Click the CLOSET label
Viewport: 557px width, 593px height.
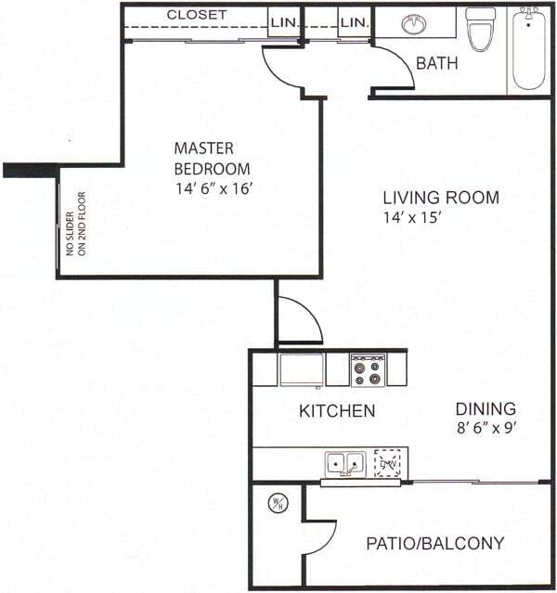[196, 15]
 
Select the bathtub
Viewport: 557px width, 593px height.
[529, 48]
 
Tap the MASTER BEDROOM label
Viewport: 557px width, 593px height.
[212, 158]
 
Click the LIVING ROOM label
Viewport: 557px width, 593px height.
[441, 198]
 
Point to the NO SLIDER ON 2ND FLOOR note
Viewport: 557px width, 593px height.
[74, 248]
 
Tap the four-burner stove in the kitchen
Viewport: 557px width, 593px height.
[368, 371]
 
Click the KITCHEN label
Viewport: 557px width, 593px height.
[336, 410]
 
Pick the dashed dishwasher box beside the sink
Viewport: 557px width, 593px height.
[388, 462]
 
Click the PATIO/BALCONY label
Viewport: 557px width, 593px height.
[434, 543]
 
